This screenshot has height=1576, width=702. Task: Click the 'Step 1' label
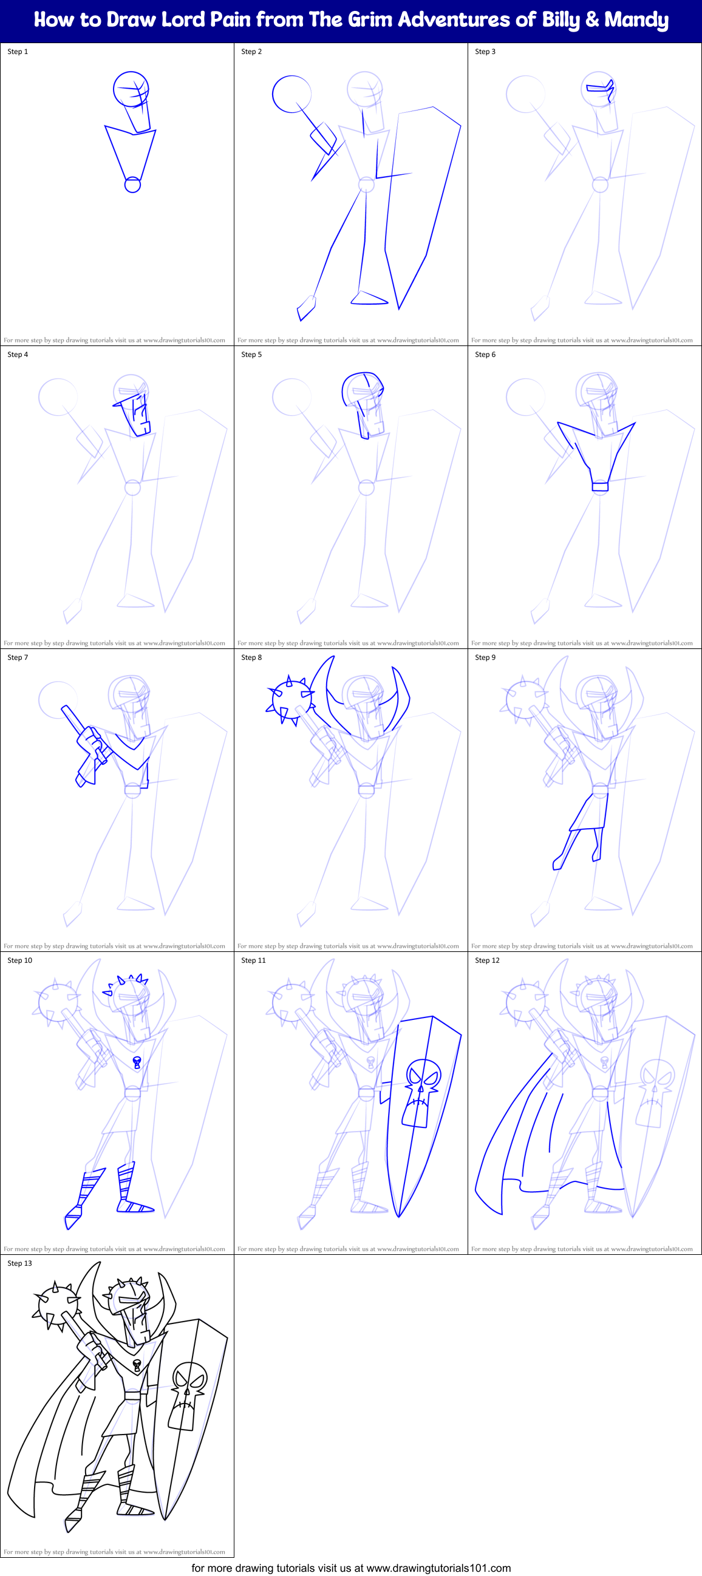18,52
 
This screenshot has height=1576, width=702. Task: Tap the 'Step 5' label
251,354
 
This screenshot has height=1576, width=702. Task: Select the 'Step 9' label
485,657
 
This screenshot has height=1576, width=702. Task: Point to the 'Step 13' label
19,1263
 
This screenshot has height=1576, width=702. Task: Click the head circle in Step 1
131,89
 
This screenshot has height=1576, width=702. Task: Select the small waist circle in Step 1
133,185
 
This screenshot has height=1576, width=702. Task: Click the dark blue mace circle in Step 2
291,94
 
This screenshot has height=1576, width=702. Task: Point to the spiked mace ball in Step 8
291,698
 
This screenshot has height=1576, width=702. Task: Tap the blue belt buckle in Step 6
600,487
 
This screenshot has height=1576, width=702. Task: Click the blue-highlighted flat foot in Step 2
369,298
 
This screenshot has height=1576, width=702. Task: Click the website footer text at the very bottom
350,1568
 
